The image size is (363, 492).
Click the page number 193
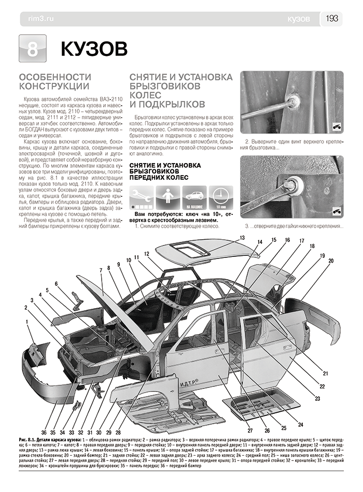pos(332,19)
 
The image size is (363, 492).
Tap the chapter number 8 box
pos(32,49)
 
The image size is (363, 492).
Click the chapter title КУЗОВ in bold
pos(94,49)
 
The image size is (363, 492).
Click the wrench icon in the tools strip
pos(142,196)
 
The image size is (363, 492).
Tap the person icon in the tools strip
pos(167,196)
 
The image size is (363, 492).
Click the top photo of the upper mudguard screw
pos(292,103)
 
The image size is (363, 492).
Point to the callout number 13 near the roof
pos(242,238)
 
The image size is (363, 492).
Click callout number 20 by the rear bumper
pos(330,262)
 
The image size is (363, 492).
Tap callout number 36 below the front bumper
pos(44,432)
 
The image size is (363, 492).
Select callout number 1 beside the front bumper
pos(26,322)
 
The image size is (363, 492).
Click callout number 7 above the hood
pos(101,269)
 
